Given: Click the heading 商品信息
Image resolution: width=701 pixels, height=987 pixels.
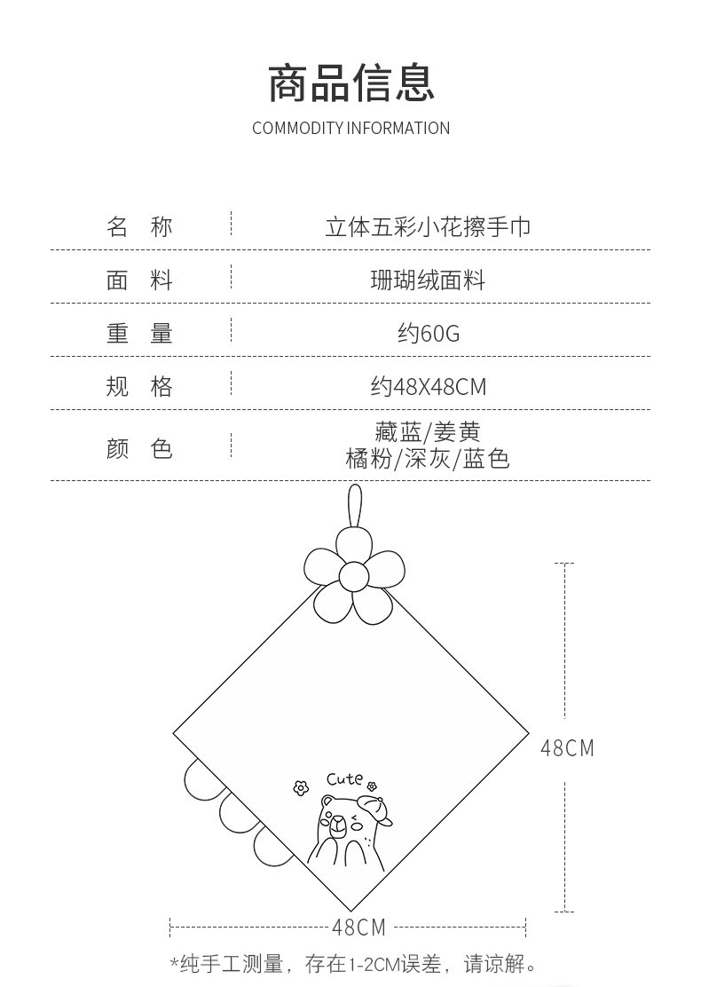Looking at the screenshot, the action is click(350, 83).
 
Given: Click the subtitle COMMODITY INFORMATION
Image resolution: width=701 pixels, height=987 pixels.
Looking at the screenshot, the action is click(350, 128).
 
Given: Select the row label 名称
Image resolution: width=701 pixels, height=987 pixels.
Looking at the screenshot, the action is click(139, 227).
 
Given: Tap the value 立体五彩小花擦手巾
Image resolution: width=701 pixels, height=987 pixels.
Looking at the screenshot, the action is click(428, 227).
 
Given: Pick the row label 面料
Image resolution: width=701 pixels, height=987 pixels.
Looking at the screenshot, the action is click(139, 280).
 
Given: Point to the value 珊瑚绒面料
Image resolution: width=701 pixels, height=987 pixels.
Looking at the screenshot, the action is click(428, 280).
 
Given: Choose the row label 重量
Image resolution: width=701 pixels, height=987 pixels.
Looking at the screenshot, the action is click(139, 334).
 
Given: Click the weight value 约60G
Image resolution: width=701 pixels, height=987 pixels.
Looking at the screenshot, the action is click(428, 334).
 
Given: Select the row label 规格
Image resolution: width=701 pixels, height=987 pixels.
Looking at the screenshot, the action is click(139, 387).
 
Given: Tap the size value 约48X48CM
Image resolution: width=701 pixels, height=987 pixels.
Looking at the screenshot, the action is click(428, 387).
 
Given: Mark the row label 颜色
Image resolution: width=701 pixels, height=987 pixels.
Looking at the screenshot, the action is click(139, 448).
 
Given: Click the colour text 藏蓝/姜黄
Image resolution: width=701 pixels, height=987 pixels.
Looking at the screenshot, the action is click(428, 432).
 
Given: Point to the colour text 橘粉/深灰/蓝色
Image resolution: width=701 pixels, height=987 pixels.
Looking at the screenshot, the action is click(428, 459).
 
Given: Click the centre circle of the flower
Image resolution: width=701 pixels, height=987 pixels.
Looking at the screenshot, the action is click(354, 576).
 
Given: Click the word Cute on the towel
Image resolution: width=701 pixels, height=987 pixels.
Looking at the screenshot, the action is click(344, 779).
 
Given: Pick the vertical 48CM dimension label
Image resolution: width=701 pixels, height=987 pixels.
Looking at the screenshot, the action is click(567, 748).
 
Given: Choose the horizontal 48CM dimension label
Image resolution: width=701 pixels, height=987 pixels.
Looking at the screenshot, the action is click(358, 928).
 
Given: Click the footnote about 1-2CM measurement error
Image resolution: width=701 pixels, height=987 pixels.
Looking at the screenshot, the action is click(353, 964).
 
